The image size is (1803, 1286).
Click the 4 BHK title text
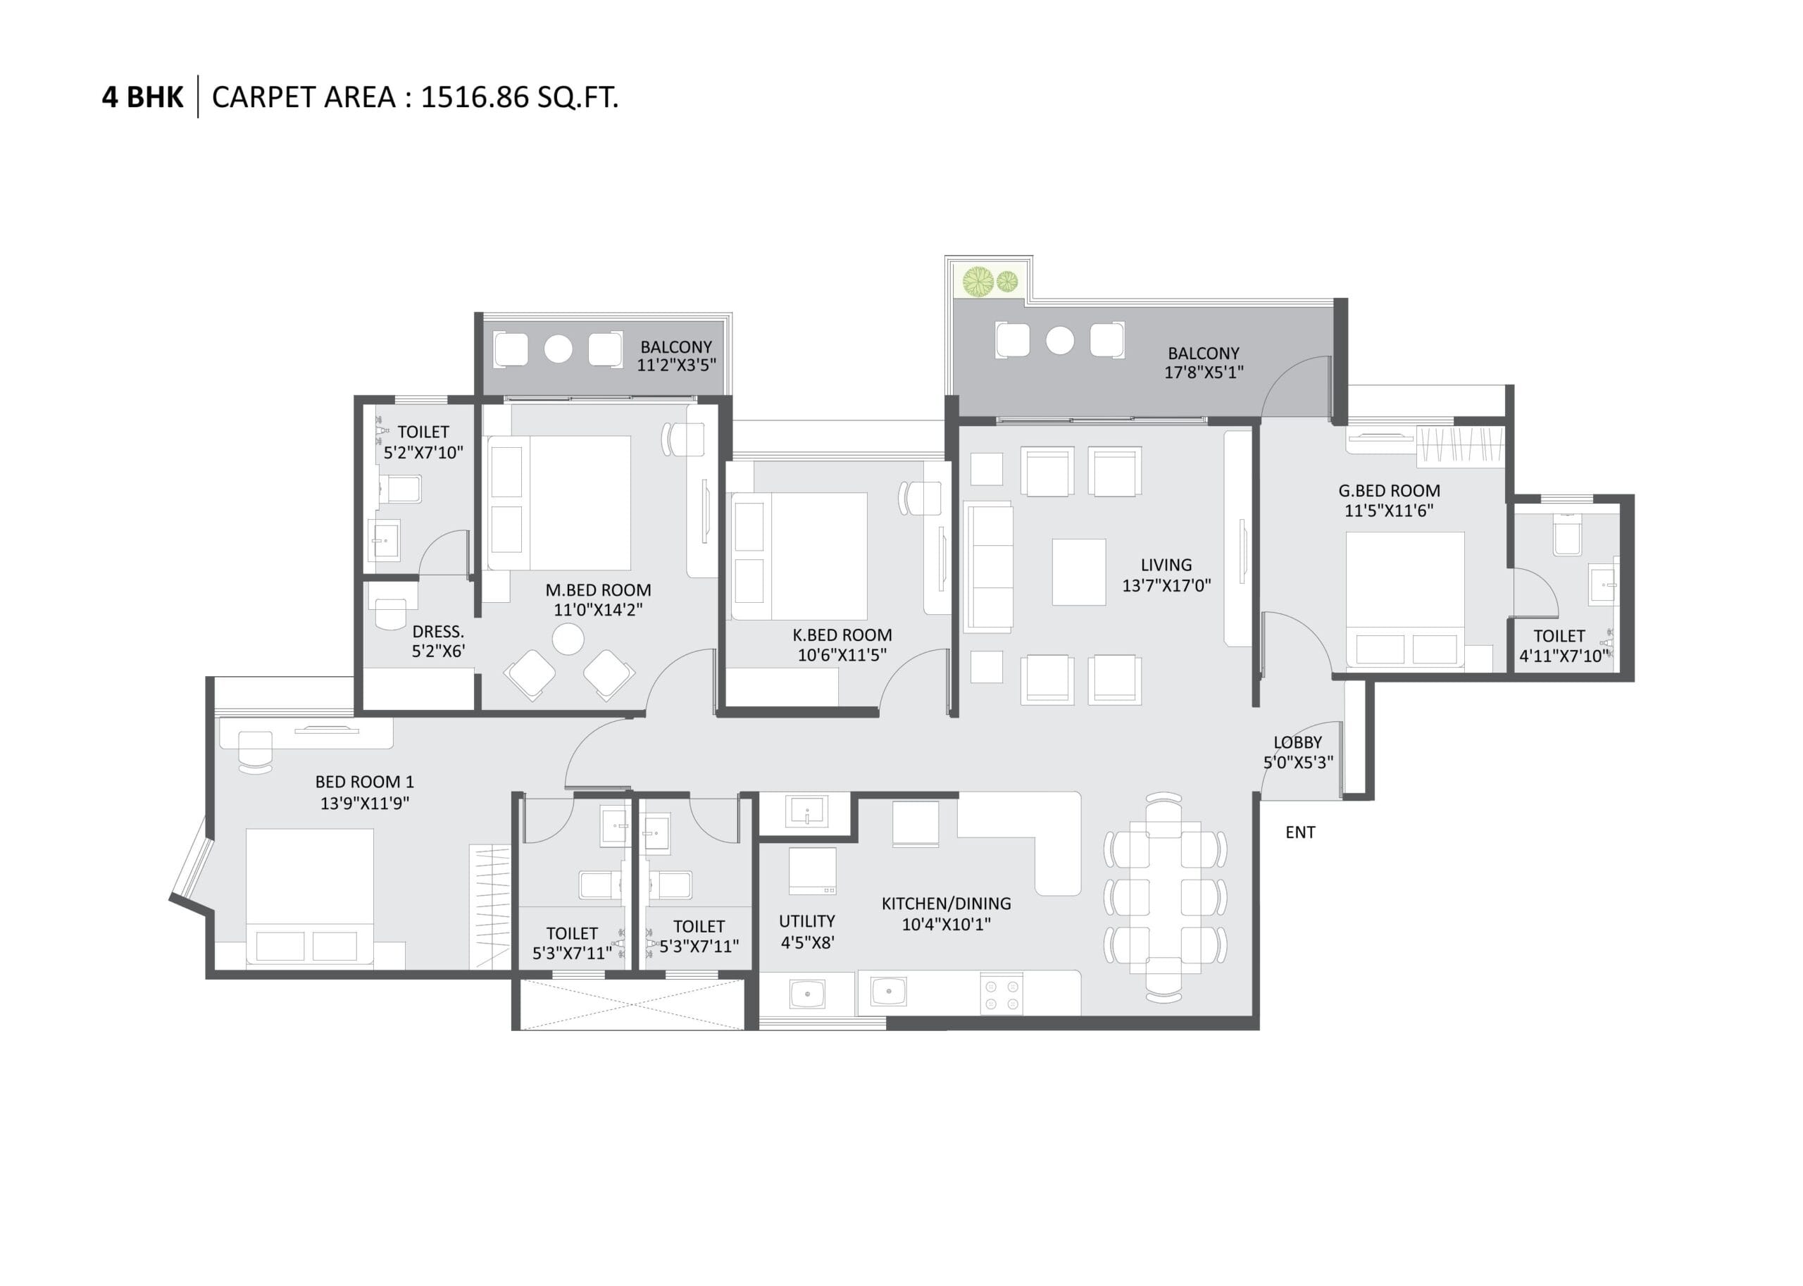pos(142,97)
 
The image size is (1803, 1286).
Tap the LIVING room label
pos(1166,565)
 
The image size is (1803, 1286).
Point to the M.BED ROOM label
pos(598,590)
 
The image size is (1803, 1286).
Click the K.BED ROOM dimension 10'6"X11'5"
pos(842,655)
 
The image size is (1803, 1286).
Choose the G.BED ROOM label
pos(1389,490)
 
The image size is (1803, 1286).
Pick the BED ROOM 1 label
pos(364,782)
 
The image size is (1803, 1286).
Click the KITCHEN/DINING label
pos(947,904)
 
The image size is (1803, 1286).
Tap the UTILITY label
pos(807,921)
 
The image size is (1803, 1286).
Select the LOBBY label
pos(1297,742)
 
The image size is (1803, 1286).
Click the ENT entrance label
pos(1300,832)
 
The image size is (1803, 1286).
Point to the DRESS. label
pos(438,631)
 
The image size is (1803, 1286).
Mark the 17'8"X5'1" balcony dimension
pos(1203,372)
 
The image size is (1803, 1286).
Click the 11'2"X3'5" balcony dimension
pos(676,365)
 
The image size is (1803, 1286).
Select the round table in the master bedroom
pos(568,639)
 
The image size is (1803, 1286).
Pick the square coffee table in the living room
pos(1078,572)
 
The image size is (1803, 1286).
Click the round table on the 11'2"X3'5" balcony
pos(559,349)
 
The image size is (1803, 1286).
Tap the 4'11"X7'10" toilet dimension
pos(1564,656)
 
